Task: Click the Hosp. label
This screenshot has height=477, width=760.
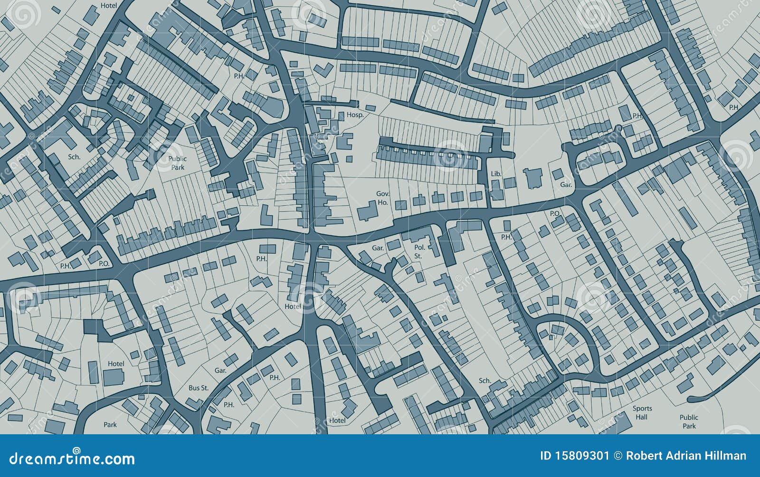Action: point(355,115)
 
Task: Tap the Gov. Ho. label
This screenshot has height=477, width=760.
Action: point(383,198)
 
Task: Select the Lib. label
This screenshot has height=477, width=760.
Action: point(496,174)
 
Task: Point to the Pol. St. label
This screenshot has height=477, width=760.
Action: point(419,251)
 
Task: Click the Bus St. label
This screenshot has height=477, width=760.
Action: point(199,388)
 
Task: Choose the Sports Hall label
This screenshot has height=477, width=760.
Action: point(642,412)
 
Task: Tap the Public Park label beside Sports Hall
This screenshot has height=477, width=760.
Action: point(689,421)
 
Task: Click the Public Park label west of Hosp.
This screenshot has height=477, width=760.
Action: point(178,163)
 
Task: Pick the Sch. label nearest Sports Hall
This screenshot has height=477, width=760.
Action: point(484,381)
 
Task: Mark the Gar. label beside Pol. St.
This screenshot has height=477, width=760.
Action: point(378,248)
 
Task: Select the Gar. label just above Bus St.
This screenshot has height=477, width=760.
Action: point(220,370)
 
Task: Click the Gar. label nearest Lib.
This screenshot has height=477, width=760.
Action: point(566,185)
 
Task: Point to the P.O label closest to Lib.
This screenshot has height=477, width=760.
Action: point(555,214)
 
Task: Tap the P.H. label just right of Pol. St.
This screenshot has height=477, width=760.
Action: point(506,237)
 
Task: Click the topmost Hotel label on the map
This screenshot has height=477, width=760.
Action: point(109,6)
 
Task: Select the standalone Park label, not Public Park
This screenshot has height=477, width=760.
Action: point(110,424)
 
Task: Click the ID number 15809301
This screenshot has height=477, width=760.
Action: point(574,456)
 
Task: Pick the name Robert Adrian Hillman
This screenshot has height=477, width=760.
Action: point(686,456)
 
